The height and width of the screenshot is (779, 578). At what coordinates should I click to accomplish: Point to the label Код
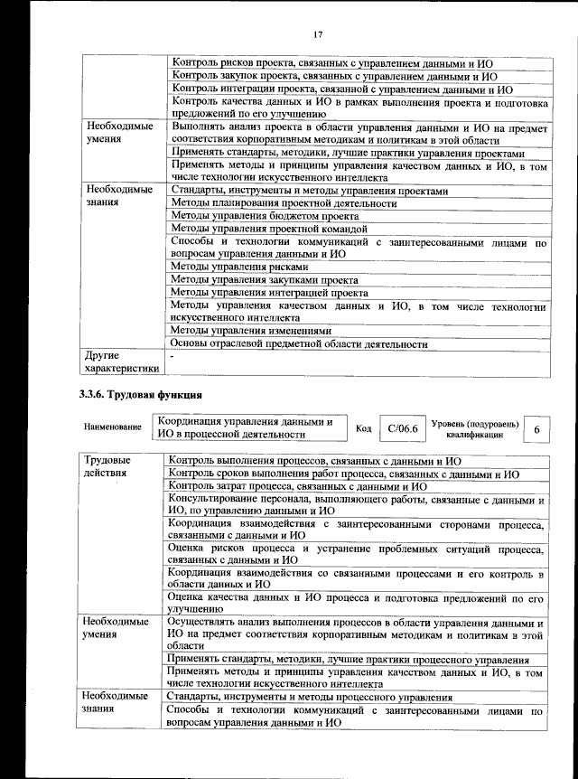363,428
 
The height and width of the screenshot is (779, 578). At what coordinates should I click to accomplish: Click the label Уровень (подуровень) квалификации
474,428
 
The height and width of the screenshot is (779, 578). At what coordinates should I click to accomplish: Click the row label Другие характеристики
120,361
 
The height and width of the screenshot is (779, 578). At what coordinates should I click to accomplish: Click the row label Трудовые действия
106,466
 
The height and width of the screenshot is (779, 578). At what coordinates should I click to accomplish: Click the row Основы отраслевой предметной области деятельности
298,343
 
